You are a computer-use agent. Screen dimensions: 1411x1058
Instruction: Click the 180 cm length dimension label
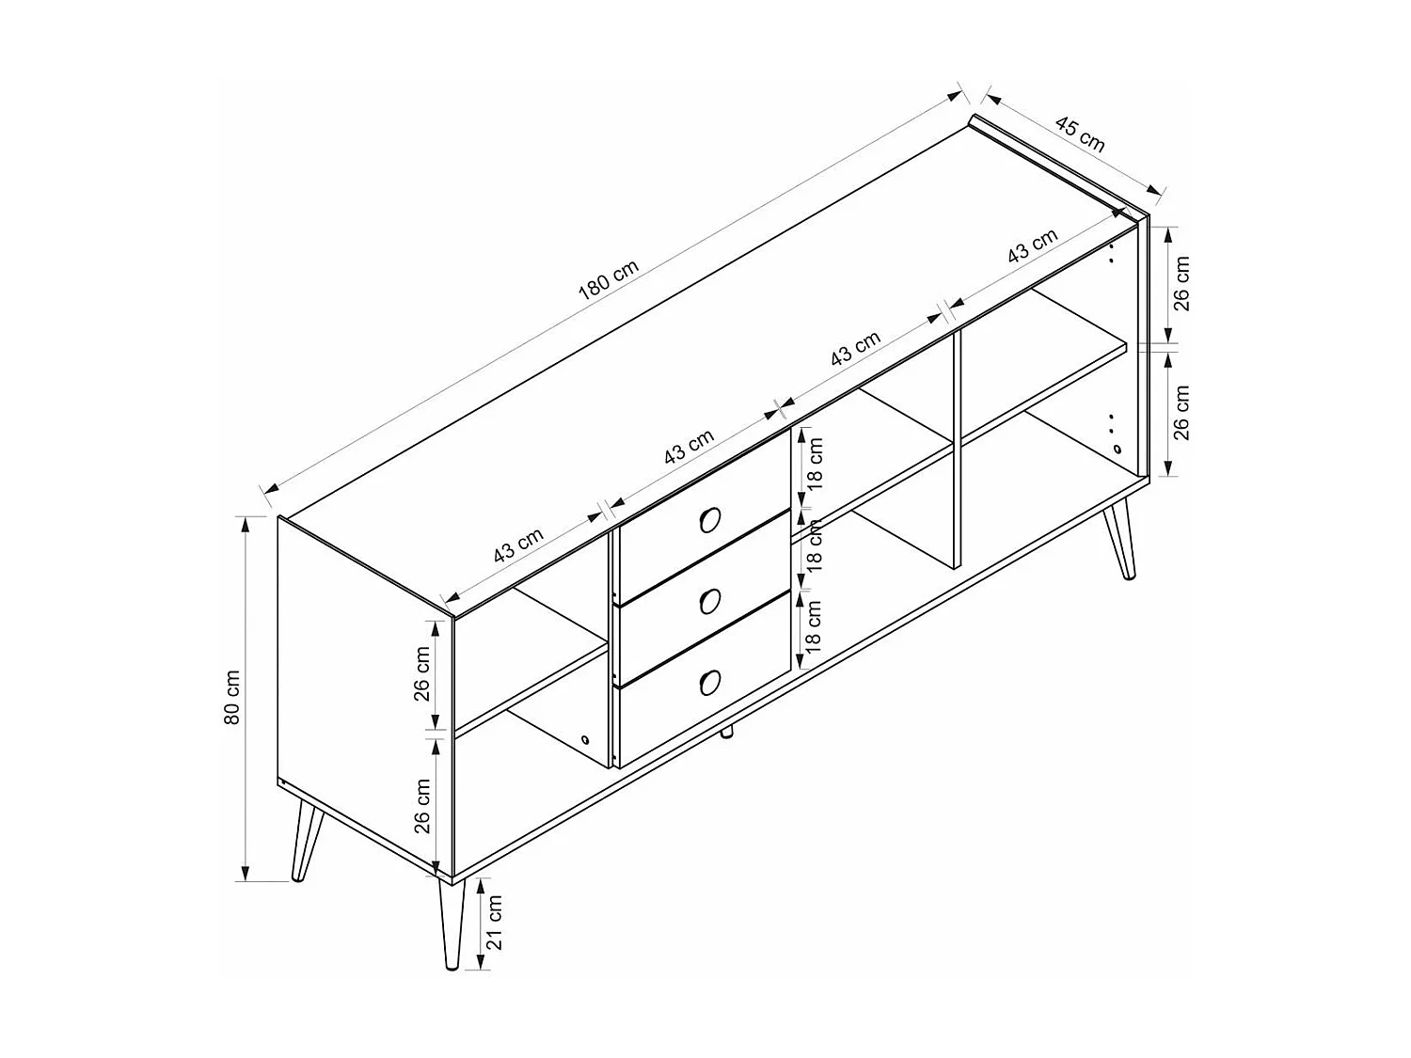pos(608,280)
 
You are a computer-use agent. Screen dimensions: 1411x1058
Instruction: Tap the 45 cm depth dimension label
pos(1080,134)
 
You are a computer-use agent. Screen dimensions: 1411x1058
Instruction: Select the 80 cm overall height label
pos(232,698)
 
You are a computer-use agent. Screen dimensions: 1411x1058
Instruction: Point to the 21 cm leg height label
pos(494,924)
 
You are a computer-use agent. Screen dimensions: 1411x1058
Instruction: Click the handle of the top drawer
pos(709,520)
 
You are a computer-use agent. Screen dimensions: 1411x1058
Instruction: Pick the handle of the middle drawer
pos(709,602)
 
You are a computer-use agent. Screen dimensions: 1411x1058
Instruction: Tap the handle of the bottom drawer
pos(709,682)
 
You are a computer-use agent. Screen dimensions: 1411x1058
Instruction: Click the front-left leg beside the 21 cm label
pos(452,925)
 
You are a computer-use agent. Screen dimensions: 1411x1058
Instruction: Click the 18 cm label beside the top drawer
pos(816,464)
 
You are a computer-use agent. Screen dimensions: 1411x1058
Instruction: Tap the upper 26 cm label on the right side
pos(1181,283)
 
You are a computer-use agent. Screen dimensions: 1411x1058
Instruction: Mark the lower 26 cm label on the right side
pos(1181,413)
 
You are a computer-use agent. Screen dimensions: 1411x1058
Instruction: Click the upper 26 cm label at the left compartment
pos(421,674)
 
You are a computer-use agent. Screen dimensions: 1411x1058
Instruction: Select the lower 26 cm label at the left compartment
pos(421,806)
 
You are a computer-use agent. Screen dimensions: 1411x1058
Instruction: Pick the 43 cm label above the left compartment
pos(518,545)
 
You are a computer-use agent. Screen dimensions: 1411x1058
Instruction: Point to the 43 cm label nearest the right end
pos(1032,246)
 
